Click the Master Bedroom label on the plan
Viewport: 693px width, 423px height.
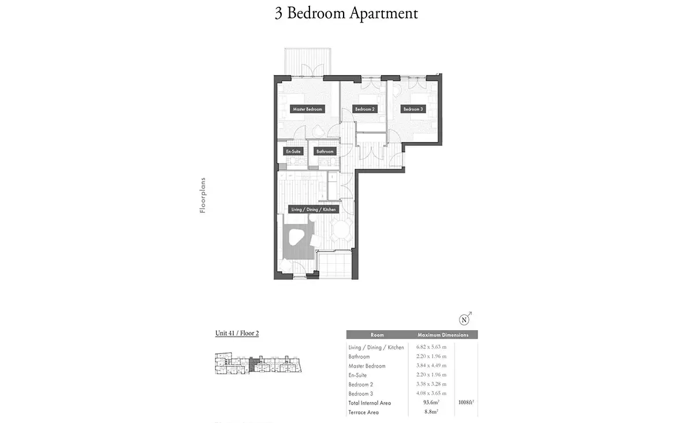307,109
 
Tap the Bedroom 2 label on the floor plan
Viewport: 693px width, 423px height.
365,109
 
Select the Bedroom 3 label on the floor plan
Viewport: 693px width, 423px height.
413,109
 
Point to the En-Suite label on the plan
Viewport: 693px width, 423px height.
293,151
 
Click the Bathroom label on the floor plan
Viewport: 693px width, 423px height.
325,151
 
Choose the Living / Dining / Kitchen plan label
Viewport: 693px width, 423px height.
314,209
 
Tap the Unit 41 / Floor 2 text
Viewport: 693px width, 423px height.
237,333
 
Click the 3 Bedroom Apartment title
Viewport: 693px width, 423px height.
346,13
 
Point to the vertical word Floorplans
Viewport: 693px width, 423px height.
203,195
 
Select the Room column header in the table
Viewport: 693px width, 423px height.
377,335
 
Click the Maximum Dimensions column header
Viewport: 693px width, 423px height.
443,335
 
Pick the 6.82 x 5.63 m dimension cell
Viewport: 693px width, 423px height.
431,347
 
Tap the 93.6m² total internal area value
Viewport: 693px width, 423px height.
431,402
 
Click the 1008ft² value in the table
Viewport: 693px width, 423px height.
466,402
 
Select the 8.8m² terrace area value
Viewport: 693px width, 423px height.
431,411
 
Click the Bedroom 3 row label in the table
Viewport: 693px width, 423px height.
361,394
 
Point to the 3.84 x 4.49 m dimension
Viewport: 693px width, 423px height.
431,365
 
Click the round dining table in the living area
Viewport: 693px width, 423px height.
341,230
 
